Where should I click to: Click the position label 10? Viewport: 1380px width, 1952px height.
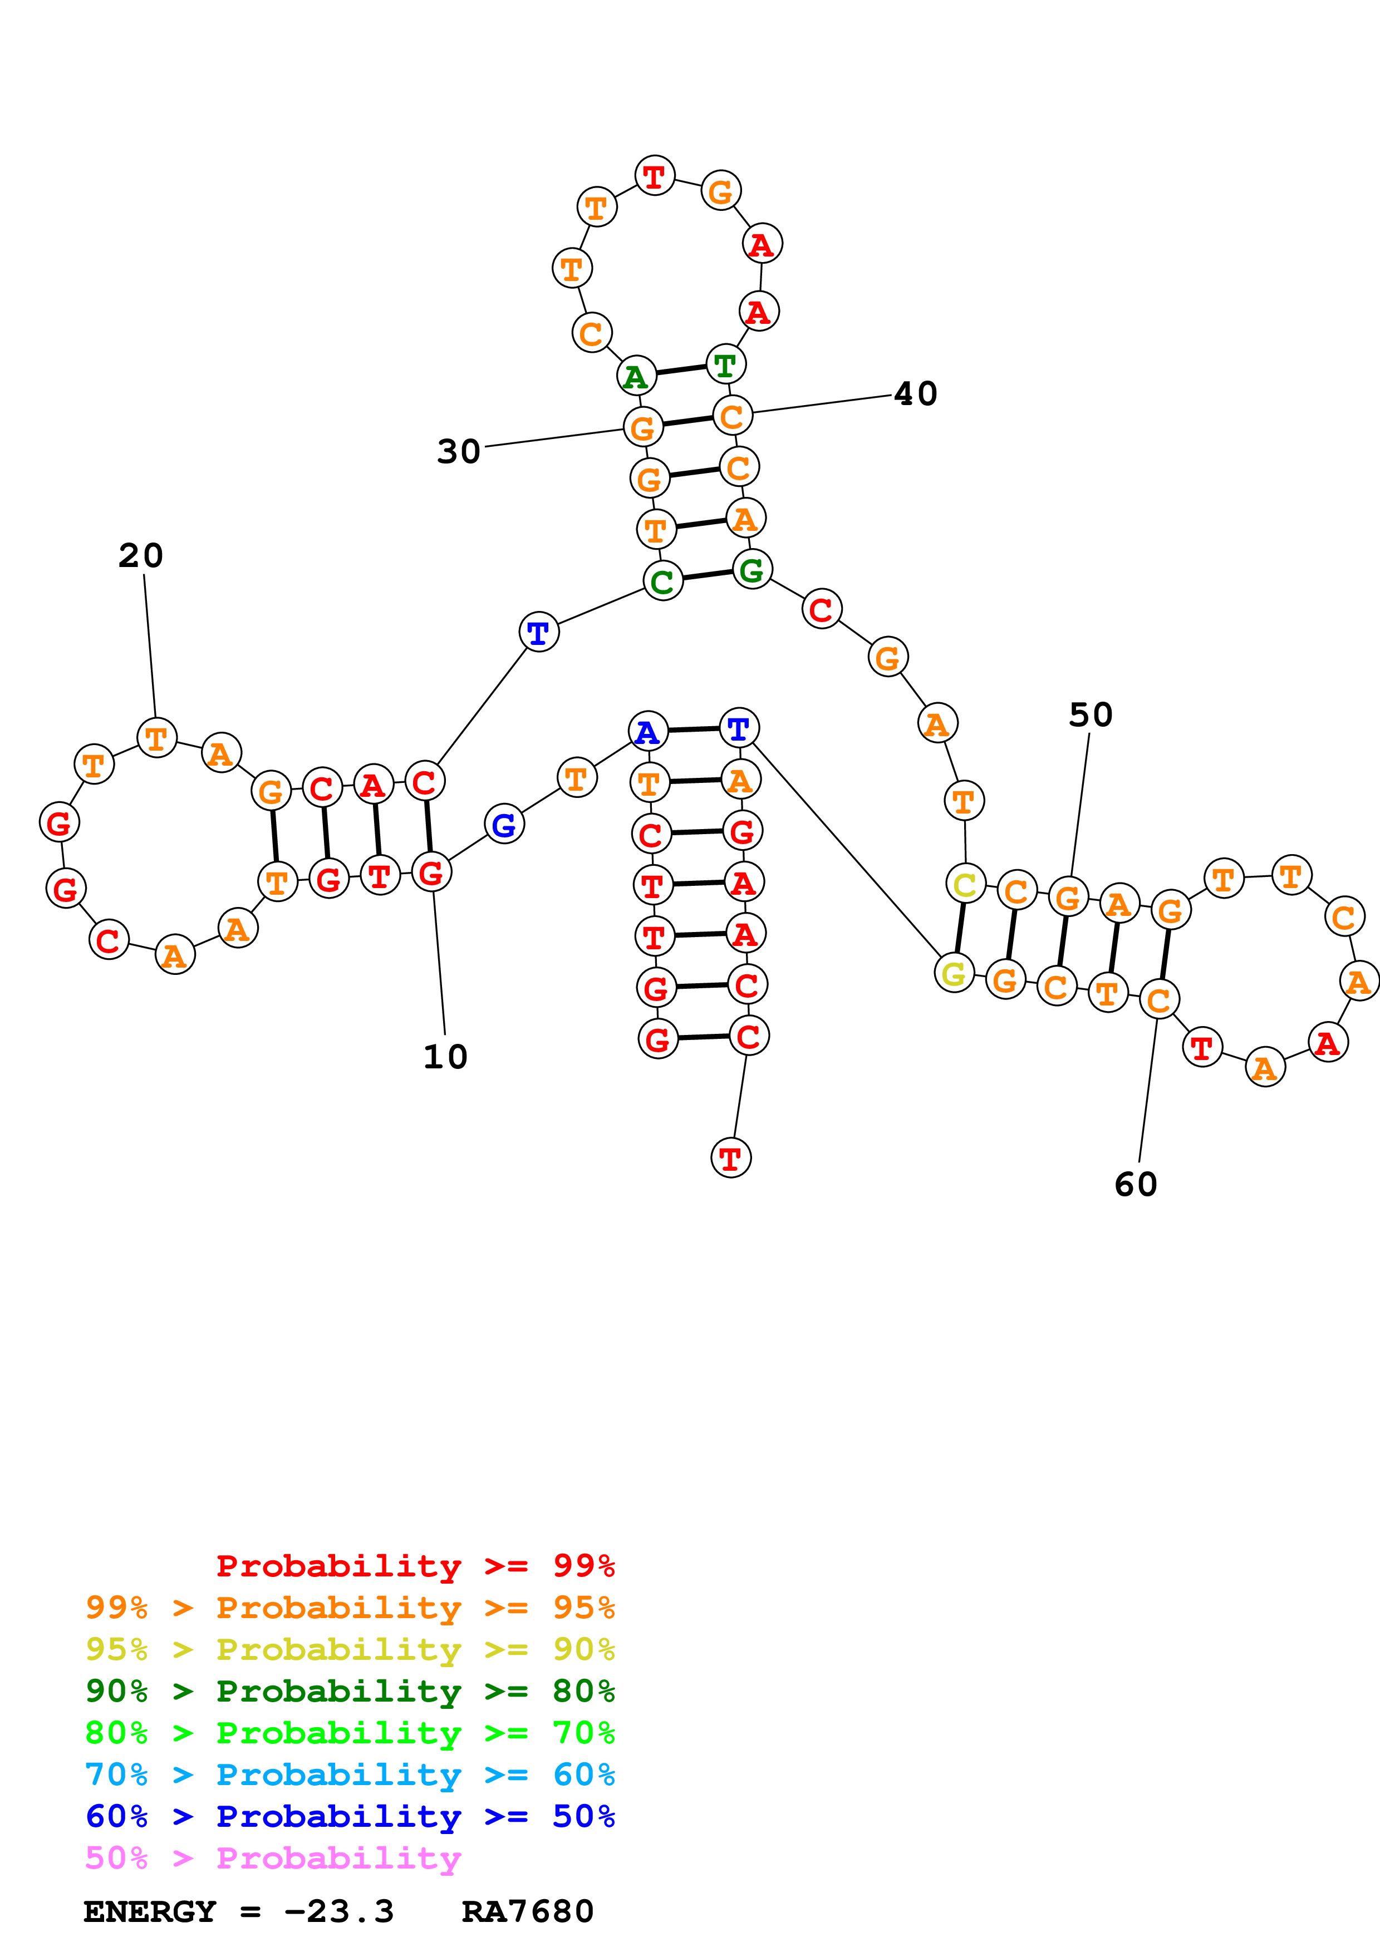click(445, 1057)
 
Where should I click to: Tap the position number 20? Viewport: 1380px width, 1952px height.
click(141, 556)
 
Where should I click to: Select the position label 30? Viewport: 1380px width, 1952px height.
click(459, 451)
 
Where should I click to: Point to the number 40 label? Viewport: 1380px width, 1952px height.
click(916, 393)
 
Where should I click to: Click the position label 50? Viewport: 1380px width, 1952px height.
click(1091, 715)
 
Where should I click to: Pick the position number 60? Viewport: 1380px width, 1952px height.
click(1136, 1184)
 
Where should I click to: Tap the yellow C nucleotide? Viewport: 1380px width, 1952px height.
click(965, 884)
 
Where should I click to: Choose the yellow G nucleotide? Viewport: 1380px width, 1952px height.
click(954, 973)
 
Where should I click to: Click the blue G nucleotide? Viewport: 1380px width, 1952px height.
click(504, 824)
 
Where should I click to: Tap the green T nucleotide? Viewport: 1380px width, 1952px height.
click(725, 364)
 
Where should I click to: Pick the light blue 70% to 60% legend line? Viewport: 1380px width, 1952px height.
click(350, 1775)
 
